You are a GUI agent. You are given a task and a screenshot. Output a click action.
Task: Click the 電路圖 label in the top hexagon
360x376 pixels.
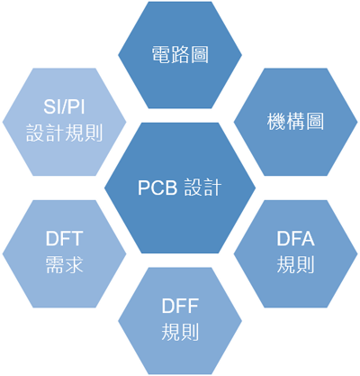coord(180,55)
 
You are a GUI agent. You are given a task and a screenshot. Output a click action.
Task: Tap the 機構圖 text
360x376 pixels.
coord(295,122)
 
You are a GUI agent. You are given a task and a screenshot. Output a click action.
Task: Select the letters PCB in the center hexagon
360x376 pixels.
coord(157,188)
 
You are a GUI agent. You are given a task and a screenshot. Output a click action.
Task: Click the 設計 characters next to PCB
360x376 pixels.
coord(202,188)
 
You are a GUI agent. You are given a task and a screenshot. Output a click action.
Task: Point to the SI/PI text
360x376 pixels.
coord(64,106)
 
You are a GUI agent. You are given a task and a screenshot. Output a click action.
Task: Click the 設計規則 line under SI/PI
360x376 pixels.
coord(64,133)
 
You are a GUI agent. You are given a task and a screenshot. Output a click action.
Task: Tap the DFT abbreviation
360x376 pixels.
coord(64,239)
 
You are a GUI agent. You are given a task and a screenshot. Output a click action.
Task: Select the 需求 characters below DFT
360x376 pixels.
coord(64,265)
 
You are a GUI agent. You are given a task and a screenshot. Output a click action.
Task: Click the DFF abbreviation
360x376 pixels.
coord(180,306)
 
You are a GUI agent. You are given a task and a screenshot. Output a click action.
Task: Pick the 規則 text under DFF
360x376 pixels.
coord(180,332)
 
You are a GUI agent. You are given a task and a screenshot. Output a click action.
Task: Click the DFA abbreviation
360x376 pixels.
coord(295,239)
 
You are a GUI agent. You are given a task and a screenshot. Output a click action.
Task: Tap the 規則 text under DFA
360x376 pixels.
coord(295,265)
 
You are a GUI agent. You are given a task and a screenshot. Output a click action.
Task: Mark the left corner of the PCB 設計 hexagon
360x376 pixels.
coord(104,188)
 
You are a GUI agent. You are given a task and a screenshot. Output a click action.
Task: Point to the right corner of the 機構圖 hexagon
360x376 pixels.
coord(357,122)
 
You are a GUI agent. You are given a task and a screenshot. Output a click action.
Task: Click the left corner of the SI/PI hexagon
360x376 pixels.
coord(3,122)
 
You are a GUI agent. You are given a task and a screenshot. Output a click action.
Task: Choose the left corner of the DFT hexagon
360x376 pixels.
coord(3,254)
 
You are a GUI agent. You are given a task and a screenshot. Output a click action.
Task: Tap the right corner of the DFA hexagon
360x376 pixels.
coord(357,254)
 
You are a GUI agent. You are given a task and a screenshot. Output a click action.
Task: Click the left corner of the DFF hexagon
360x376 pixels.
coord(118,321)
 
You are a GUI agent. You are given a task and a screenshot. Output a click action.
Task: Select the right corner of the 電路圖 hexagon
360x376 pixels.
coord(242,55)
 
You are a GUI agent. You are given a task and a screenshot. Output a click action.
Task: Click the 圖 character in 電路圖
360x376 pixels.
coord(200,55)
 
